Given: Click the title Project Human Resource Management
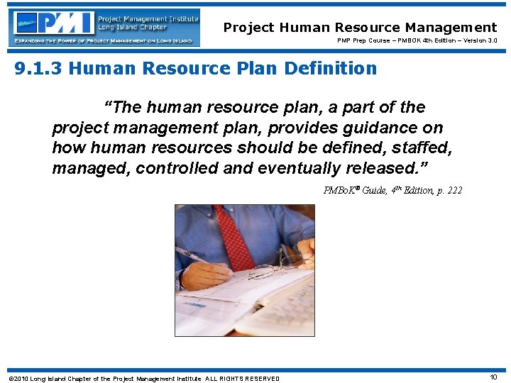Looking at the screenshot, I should click(x=360, y=28).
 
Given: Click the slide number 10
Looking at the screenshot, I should click(x=493, y=377).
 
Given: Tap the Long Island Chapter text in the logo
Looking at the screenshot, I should click(x=128, y=27).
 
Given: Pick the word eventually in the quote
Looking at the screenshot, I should click(x=304, y=169).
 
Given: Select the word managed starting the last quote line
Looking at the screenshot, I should click(x=90, y=169).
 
